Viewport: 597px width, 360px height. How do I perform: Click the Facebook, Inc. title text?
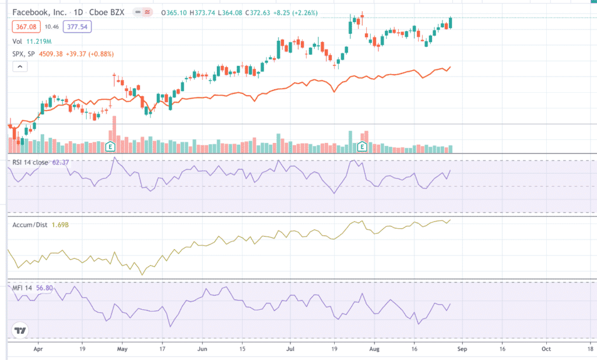point(38,12)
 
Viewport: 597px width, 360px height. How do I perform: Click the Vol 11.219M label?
point(32,41)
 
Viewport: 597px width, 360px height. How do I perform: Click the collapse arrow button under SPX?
point(20,67)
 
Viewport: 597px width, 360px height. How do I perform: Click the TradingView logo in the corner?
point(20,331)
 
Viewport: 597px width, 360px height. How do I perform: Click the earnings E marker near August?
point(362,146)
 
